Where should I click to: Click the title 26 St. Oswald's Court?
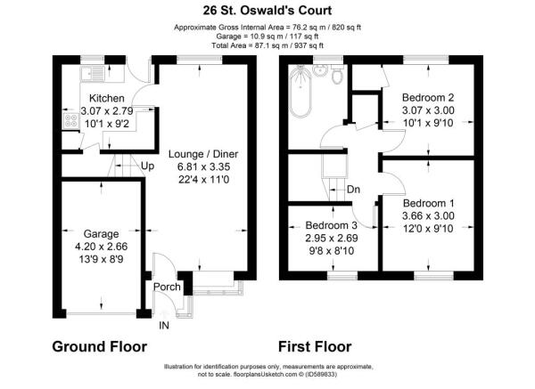tap(267, 10)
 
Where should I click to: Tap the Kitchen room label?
tap(106, 98)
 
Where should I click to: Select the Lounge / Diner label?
tap(203, 154)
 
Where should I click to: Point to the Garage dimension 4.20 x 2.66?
tap(101, 247)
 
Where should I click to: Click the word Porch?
tap(167, 287)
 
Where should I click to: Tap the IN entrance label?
tap(164, 326)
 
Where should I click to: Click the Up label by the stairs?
tap(147, 166)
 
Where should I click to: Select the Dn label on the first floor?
tap(353, 190)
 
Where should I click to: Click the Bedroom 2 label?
tap(428, 97)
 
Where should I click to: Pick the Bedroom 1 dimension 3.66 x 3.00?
tap(428, 215)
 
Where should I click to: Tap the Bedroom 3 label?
tap(332, 225)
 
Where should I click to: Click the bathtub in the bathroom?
tap(300, 92)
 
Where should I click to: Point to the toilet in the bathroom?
tap(337, 74)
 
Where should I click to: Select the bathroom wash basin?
tap(320, 70)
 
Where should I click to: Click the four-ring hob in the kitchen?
tap(71, 120)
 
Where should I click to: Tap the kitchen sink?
tap(93, 74)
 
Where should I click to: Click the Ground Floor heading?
tap(100, 346)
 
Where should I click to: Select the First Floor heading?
tap(315, 346)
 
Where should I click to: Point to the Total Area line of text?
tap(267, 45)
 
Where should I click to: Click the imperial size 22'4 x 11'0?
tap(203, 179)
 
